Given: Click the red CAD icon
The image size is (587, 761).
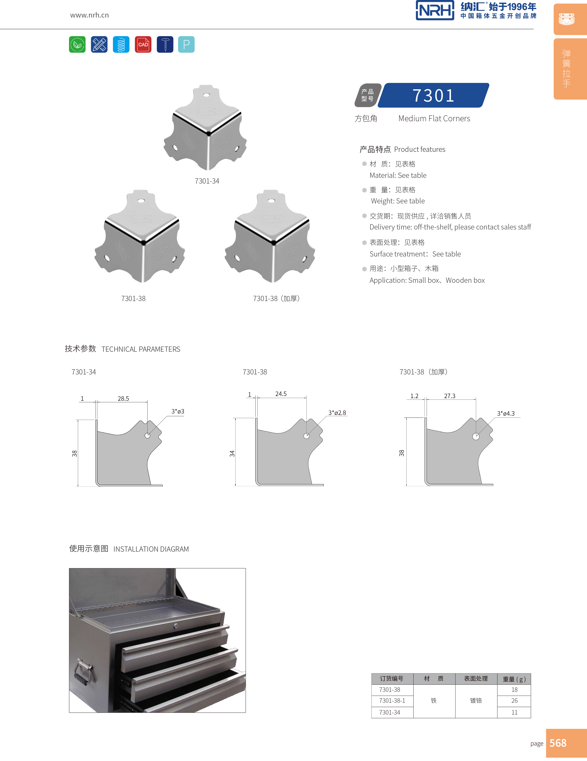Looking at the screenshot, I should click(143, 45).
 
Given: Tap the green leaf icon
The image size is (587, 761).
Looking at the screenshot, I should click(77, 45).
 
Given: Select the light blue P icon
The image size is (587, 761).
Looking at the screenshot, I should click(186, 45).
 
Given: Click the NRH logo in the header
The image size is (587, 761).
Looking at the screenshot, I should click(435, 10).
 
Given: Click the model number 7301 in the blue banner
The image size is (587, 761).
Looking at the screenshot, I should click(433, 95).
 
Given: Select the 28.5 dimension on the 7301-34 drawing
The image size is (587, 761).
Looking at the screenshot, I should click(123, 399).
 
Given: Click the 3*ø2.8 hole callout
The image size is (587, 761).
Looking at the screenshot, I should click(337, 413).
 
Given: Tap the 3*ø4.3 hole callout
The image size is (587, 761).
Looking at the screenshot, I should click(506, 414).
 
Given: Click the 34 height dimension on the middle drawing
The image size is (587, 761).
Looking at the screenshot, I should click(232, 453).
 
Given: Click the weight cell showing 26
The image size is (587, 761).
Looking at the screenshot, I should click(514, 701).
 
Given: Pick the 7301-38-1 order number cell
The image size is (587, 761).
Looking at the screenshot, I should click(392, 701).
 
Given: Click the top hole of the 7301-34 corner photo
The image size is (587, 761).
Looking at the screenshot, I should click(206, 95).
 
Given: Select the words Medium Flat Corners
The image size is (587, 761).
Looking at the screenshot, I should click(434, 118).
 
